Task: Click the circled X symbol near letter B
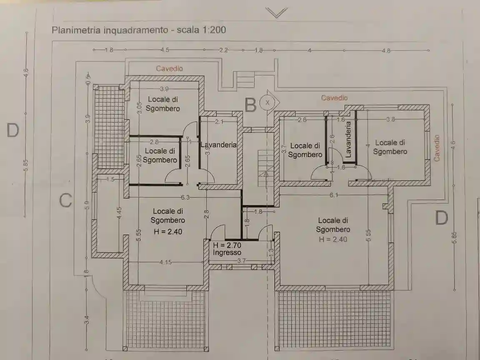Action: pos(267,101)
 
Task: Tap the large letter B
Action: pos(250,105)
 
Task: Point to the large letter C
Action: pos(65,200)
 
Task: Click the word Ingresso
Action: pos(227,252)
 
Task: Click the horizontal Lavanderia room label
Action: pos(218,145)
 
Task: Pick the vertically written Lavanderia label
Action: pos(348,139)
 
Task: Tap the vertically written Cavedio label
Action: pos(437,147)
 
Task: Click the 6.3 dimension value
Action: pos(185,197)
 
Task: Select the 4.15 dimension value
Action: pos(166,262)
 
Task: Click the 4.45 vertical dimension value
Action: pos(119,213)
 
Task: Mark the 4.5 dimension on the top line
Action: pos(165,50)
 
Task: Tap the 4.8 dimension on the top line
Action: pos(386,50)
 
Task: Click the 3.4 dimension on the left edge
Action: pos(86,321)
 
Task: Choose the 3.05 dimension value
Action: pos(140,107)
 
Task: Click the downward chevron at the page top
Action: pos(277,13)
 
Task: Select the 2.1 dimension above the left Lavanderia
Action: pos(220,122)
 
